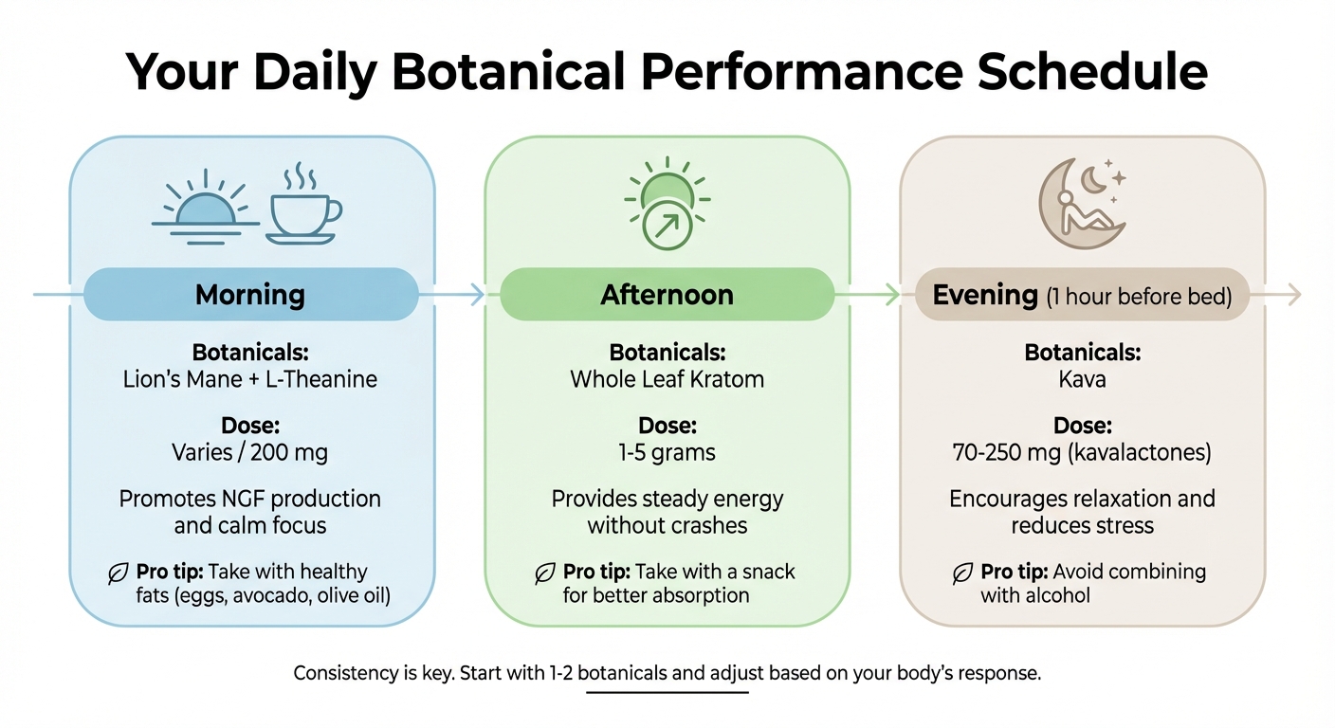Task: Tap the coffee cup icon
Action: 302,209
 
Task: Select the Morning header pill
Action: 250,294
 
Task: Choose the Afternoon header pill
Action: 667,294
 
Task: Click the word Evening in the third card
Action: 984,295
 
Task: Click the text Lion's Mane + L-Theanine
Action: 250,380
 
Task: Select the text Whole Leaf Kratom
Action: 667,380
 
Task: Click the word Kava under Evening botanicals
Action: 1083,380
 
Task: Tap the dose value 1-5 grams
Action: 667,453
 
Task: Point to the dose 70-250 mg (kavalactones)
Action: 1082,453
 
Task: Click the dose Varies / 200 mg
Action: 250,453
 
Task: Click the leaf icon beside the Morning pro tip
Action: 119,573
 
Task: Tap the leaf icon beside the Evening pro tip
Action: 962,573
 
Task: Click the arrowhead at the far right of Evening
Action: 1293,295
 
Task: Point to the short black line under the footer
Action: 667,692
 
